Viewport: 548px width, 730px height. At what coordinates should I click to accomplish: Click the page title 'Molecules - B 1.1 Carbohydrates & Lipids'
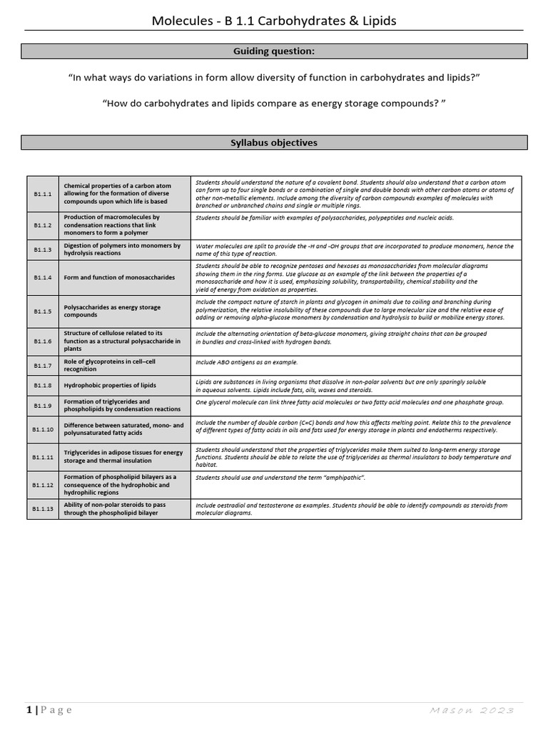[x=274, y=21]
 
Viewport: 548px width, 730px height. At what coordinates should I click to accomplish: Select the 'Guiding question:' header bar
[x=274, y=51]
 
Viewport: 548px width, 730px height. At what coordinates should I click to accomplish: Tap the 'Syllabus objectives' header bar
[x=274, y=143]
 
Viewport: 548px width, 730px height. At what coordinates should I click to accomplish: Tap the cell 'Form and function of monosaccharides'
[x=119, y=277]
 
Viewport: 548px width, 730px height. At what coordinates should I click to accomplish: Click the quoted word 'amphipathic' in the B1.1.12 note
[x=340, y=477]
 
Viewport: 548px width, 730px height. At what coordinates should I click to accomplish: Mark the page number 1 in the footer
[x=29, y=710]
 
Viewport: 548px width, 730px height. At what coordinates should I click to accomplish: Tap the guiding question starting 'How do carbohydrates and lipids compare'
[x=274, y=103]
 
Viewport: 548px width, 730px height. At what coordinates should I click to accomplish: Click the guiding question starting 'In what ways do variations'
[x=274, y=77]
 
